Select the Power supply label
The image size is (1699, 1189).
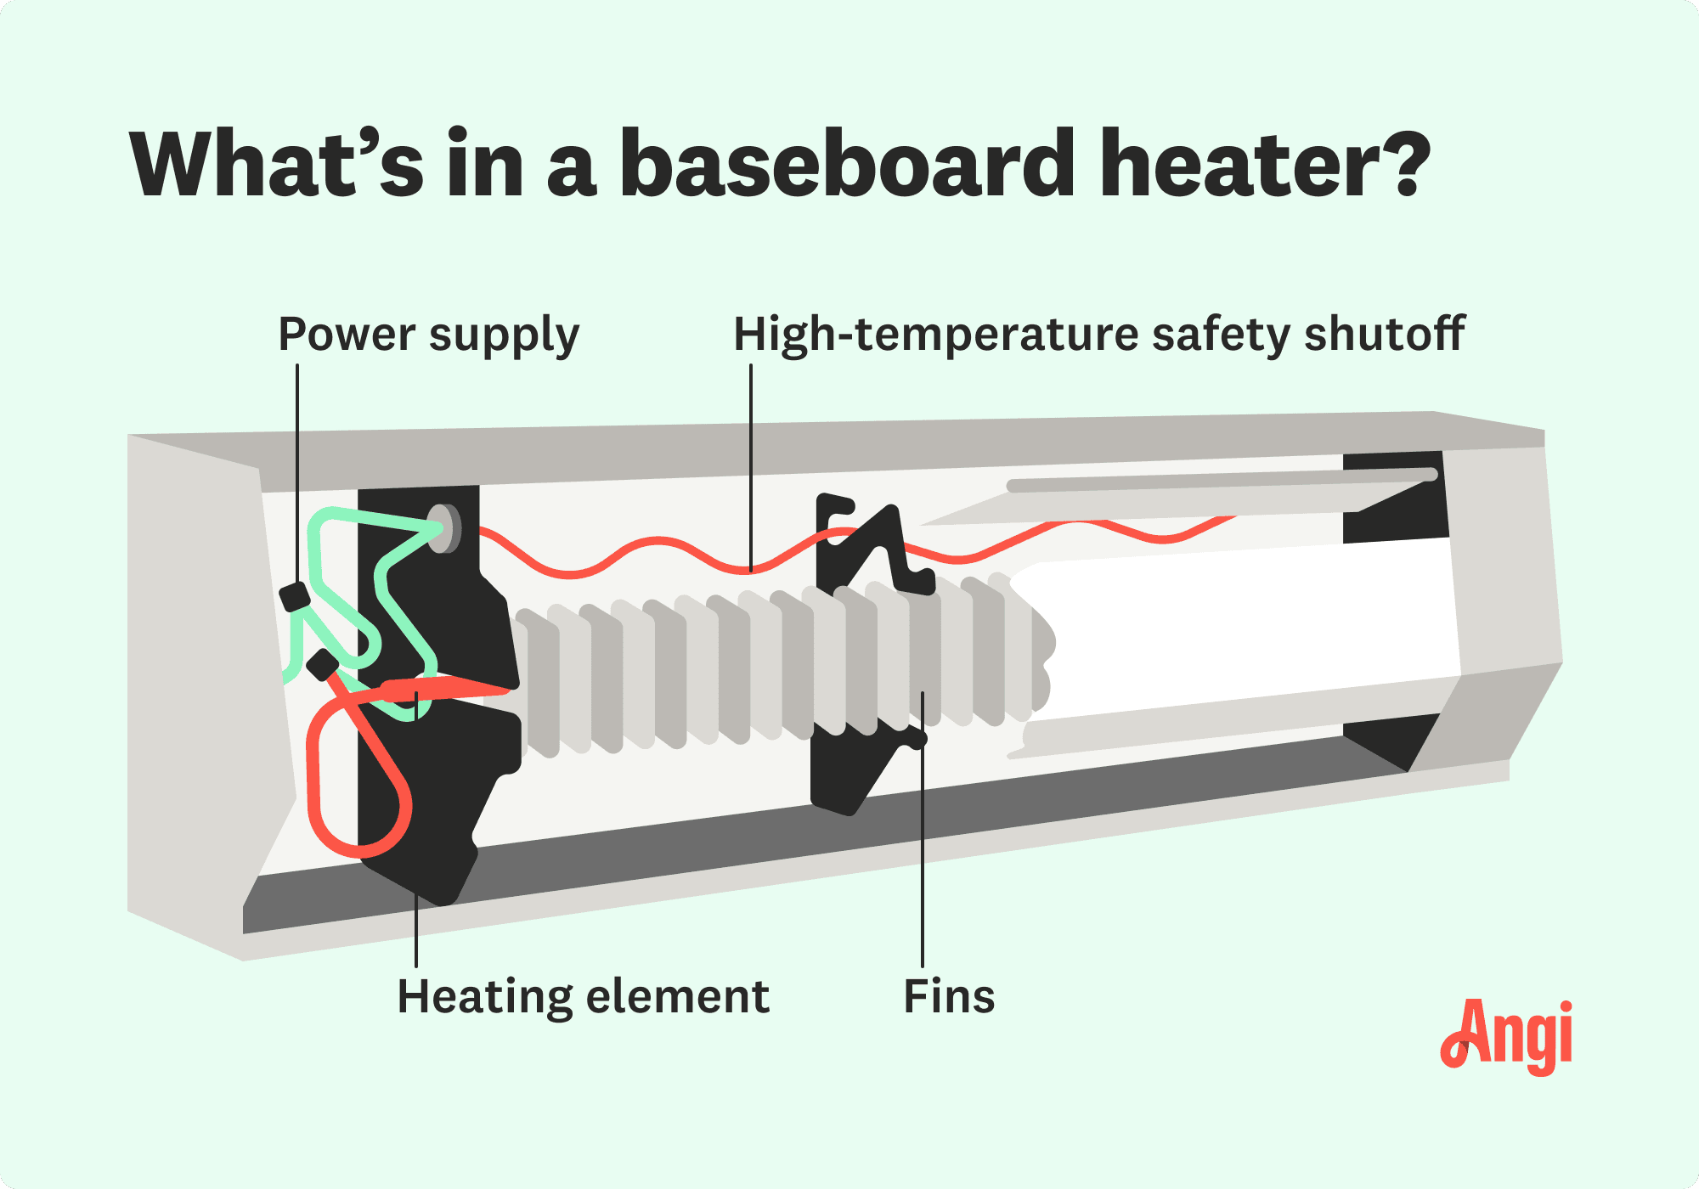[x=428, y=335]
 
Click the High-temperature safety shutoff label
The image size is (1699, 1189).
[x=1098, y=334]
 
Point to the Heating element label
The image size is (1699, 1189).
[x=583, y=996]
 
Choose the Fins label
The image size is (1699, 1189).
[x=949, y=996]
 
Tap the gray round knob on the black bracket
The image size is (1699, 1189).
[x=444, y=528]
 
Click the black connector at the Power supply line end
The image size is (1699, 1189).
[x=295, y=596]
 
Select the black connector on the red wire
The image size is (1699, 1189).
[x=323, y=665]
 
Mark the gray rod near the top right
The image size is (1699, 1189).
[x=1215, y=481]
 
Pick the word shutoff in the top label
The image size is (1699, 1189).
[x=1385, y=334]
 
